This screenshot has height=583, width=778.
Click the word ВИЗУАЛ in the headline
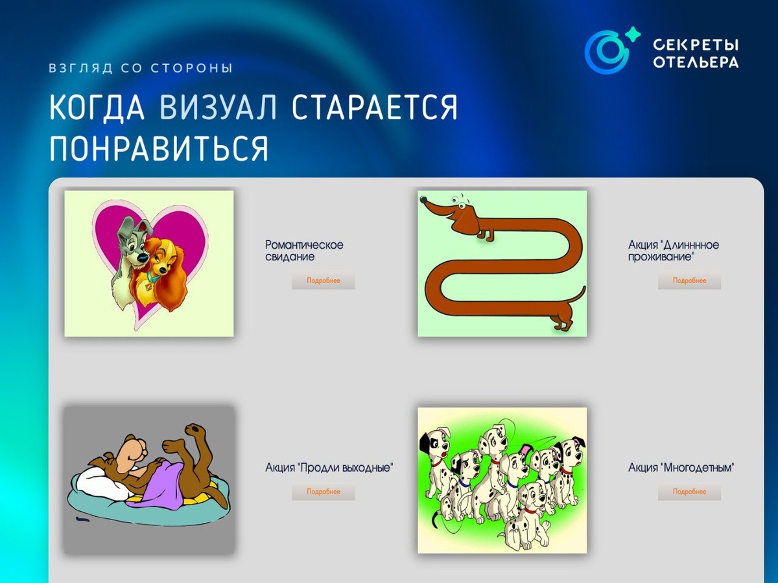(218, 107)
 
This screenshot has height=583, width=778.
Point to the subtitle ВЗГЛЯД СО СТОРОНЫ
(141, 68)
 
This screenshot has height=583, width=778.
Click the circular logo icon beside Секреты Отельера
(606, 52)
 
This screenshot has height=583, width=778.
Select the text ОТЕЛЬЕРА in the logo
(696, 62)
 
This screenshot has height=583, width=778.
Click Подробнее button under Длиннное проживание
(689, 280)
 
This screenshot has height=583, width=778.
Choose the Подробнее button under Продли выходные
(324, 491)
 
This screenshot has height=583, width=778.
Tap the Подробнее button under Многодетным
(689, 491)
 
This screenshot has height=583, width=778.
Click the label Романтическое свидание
(304, 251)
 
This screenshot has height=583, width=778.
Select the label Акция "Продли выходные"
(329, 468)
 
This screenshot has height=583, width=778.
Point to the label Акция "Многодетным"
(681, 468)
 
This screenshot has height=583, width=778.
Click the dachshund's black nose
(423, 200)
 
